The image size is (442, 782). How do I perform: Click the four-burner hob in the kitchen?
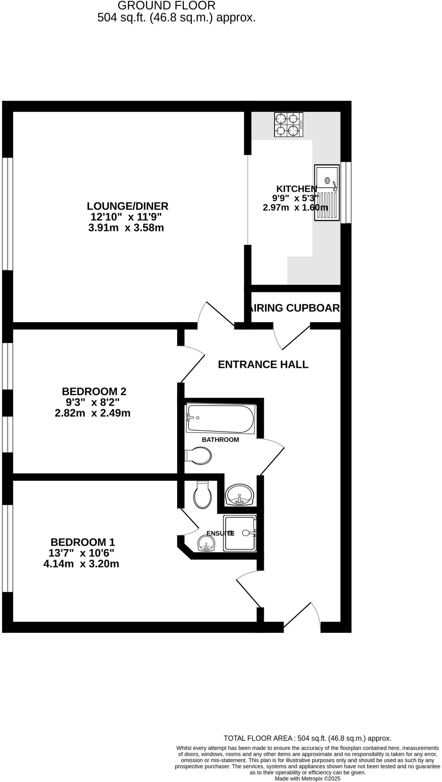pyautogui.click(x=288, y=124)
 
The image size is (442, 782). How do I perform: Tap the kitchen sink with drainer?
pyautogui.click(x=327, y=192)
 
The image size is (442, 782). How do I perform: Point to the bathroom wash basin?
pyautogui.click(x=239, y=495)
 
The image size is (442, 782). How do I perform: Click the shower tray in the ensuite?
pyautogui.click(x=240, y=533)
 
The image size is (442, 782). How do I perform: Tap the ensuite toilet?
pyautogui.click(x=203, y=495)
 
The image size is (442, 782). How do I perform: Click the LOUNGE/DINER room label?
pyautogui.click(x=127, y=206)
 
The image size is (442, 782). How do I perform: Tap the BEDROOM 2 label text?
pyautogui.click(x=94, y=391)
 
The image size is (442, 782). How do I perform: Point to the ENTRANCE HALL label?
pyautogui.click(x=263, y=365)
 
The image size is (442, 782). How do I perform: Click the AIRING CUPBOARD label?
pyautogui.click(x=294, y=308)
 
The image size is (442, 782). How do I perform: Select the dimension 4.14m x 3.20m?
pyautogui.click(x=81, y=564)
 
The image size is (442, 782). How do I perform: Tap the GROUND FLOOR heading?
pyautogui.click(x=166, y=6)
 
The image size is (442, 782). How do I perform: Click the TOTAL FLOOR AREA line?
pyautogui.click(x=307, y=738)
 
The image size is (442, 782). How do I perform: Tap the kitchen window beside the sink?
pyautogui.click(x=346, y=192)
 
